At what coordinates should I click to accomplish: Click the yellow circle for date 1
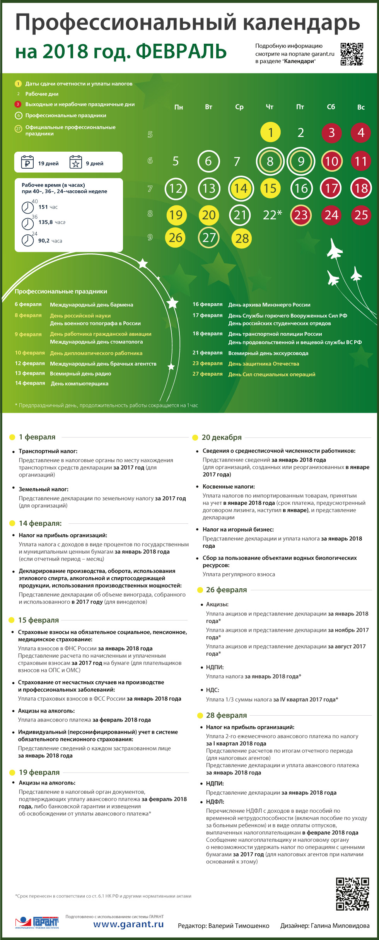(270, 132)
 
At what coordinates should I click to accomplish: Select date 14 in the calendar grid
(241, 188)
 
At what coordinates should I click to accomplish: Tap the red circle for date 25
(361, 215)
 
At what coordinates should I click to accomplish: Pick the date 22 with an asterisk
(272, 215)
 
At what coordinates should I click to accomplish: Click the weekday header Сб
(331, 107)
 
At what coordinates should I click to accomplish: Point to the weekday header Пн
(178, 107)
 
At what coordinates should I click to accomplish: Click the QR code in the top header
(352, 54)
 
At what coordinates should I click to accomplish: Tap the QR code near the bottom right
(352, 894)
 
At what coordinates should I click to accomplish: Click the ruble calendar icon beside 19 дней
(27, 162)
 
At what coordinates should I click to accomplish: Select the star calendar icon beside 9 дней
(76, 162)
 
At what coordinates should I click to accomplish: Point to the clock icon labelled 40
(27, 208)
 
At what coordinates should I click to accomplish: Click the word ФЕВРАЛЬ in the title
(181, 51)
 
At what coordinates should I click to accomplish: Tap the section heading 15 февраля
(38, 620)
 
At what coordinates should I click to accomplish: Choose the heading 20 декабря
(221, 437)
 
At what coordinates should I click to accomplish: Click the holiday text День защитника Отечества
(263, 364)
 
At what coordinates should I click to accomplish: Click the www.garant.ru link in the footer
(128, 924)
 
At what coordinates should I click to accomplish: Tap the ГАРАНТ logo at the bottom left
(37, 922)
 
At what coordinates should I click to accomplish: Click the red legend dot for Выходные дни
(18, 104)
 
